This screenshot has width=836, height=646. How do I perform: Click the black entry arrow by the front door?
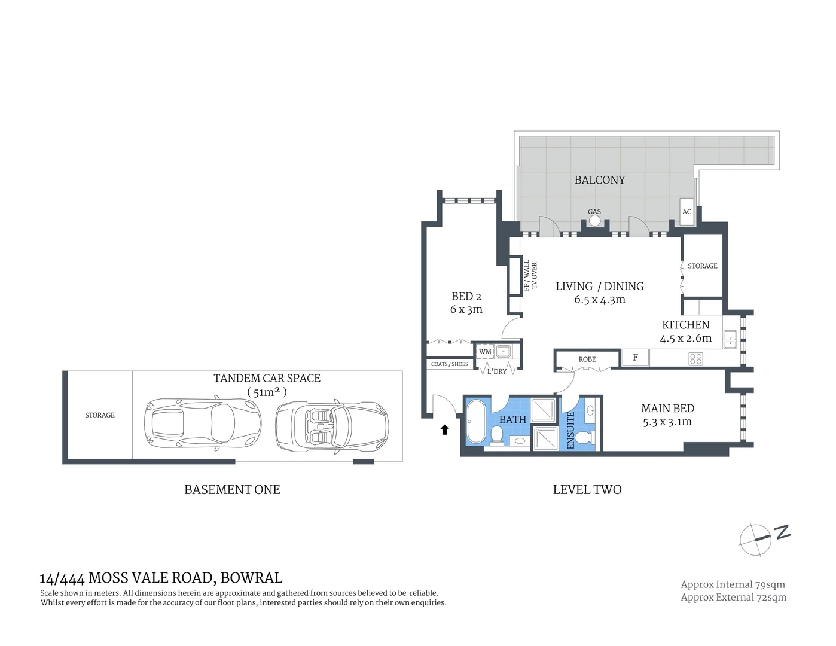444,429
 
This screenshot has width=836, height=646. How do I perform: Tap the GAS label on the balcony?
594,212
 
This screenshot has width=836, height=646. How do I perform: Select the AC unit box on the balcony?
687,211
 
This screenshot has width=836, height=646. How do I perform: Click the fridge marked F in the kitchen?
635,358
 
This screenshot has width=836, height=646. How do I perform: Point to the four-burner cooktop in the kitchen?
695,359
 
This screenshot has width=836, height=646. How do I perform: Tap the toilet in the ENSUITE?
592,437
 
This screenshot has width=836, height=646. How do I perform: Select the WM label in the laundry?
485,352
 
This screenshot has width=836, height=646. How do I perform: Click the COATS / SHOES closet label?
450,364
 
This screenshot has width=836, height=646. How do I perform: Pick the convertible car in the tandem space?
332,427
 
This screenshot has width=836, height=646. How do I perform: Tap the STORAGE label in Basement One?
100,415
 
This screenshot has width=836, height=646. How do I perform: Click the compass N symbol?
782,532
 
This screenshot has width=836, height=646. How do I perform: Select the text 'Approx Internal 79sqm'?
733,584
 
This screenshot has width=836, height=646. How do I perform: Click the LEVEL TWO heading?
587,490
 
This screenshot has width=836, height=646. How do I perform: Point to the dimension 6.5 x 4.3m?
599,300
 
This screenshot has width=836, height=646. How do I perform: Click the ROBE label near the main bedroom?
587,359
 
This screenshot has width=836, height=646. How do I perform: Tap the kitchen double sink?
730,339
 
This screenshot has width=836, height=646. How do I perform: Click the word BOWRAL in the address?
251,578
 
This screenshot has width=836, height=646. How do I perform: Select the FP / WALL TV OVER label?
530,276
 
